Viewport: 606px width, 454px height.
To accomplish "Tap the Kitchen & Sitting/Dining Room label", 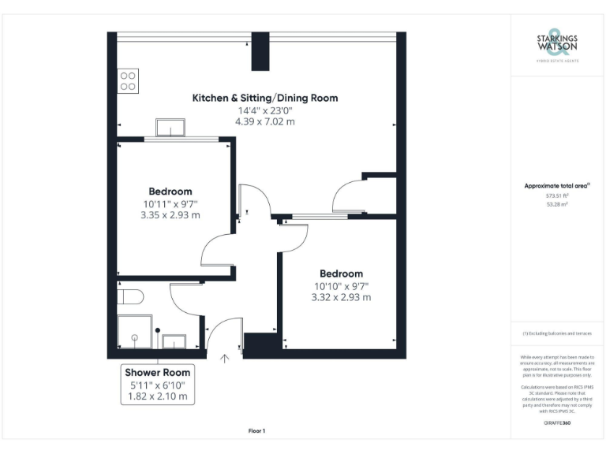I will click(265, 99).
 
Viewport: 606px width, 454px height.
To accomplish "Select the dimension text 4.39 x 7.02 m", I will click(265, 122).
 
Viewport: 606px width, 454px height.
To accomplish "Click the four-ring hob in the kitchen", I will click(129, 81).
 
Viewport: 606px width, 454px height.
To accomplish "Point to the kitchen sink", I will click(170, 128).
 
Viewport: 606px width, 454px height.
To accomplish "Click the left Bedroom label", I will click(170, 192).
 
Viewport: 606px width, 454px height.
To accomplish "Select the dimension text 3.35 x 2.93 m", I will click(170, 214).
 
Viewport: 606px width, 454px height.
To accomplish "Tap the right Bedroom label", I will click(341, 274).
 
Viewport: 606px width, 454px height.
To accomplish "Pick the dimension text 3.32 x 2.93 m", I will click(341, 297).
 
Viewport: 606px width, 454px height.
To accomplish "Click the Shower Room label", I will click(158, 372).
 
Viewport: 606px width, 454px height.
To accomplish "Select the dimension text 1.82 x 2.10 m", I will click(158, 396).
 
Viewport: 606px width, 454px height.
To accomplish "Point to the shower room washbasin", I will click(174, 341).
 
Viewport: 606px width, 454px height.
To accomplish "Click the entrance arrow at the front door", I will click(225, 360).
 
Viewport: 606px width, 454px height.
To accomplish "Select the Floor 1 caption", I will click(256, 431).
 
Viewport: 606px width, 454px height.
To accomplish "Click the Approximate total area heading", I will click(557, 186).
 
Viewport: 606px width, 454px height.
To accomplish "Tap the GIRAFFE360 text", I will click(557, 423).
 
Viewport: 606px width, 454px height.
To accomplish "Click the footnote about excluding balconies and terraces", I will click(557, 334).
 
